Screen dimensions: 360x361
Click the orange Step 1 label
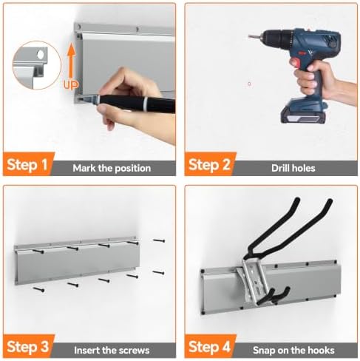[27, 164]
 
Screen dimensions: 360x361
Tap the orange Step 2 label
[209, 164]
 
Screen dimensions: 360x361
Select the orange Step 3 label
[28, 346]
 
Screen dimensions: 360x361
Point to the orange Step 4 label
[209, 346]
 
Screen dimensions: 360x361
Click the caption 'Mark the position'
[112, 168]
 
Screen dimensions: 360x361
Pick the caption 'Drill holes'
[293, 168]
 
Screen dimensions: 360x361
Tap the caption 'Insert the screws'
[112, 350]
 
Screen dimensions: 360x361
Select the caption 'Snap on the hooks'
[293, 350]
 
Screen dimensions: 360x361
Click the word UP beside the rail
[71, 84]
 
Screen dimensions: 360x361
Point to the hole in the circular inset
[41, 55]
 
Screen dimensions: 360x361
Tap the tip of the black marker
[79, 99]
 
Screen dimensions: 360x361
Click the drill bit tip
[249, 37]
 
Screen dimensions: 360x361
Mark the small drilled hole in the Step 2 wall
[249, 84]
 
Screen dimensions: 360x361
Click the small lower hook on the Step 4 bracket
[273, 297]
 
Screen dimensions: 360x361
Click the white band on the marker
[146, 104]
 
